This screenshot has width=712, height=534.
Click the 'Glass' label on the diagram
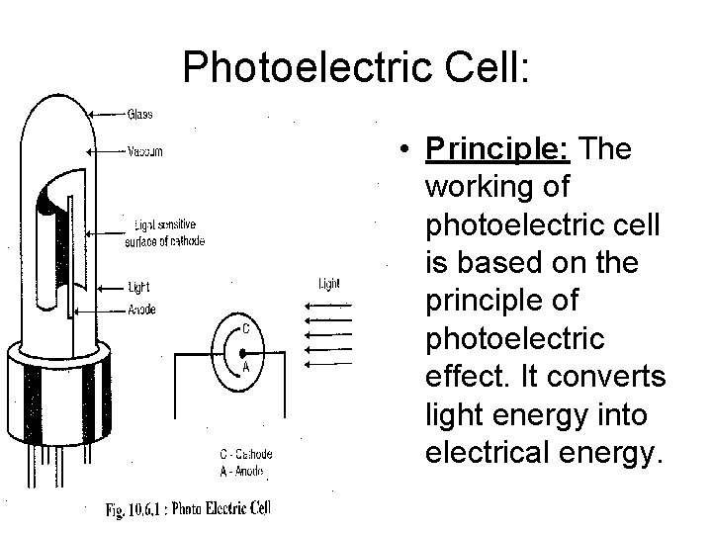click(x=139, y=113)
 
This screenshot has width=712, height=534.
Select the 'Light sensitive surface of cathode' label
click(x=165, y=233)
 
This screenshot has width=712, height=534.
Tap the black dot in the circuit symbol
click(x=243, y=351)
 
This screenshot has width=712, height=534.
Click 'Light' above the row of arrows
click(x=329, y=284)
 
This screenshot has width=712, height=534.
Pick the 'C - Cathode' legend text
click(x=245, y=454)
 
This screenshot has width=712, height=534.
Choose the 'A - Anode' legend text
click(x=242, y=471)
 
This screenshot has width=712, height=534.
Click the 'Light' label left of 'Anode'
click(x=137, y=287)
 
